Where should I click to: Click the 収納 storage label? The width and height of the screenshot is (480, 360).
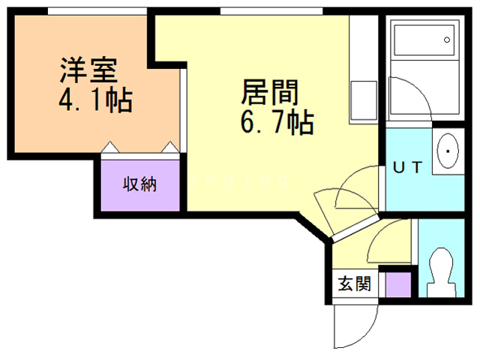(x=140, y=184)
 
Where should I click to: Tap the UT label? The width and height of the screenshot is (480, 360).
(x=408, y=167)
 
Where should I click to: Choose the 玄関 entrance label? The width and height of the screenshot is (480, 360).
(x=354, y=285)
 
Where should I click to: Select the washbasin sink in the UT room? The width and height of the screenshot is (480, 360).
(x=448, y=152)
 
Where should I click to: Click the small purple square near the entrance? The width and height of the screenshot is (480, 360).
(x=397, y=286)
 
